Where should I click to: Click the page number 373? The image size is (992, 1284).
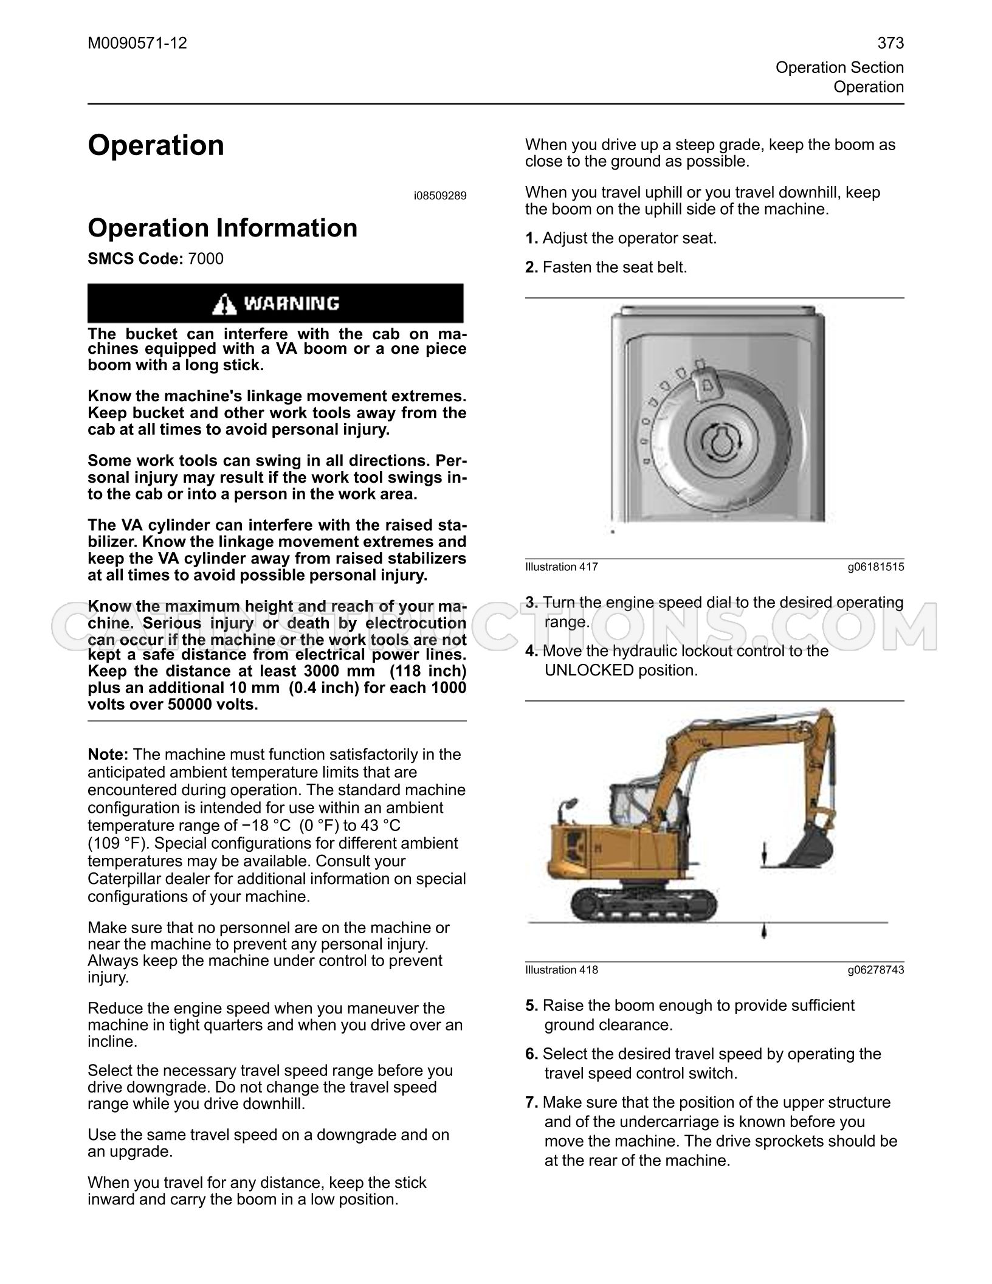pos(890,43)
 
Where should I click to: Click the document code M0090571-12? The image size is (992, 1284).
pos(137,43)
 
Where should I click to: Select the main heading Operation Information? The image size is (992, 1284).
pos(222,228)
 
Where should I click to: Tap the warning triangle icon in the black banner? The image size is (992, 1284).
pos(225,303)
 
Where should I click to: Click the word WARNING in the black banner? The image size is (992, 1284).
pos(292,303)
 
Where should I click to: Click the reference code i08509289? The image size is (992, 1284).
pos(440,196)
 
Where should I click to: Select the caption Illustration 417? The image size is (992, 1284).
pos(562,567)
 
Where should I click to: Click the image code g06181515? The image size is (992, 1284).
pos(876,567)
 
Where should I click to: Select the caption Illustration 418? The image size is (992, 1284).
pos(562,970)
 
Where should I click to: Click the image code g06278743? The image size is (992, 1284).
pos(876,970)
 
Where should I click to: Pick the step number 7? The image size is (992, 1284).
pos(532,1102)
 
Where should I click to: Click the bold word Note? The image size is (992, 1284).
pos(108,754)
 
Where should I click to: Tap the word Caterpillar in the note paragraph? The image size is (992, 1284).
pos(126,879)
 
